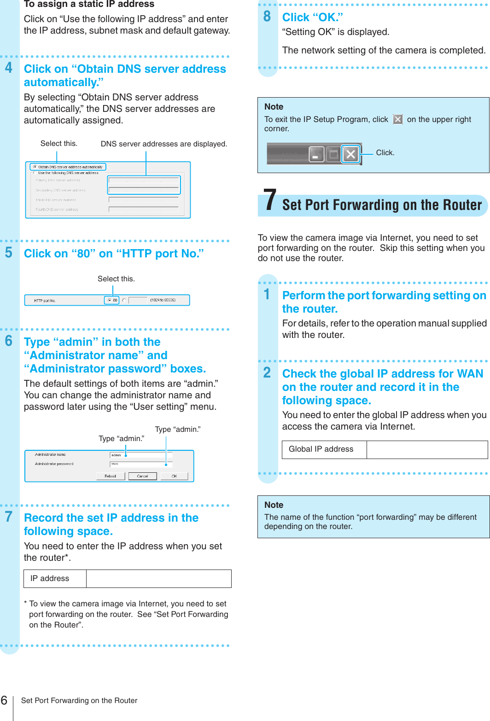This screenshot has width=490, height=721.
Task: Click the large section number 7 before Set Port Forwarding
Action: [270, 201]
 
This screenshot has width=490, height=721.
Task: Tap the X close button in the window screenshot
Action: [350, 154]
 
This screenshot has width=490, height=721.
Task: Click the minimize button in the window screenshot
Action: [316, 154]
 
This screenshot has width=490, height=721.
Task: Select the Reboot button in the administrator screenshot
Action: [111, 476]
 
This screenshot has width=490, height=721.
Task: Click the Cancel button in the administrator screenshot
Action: [142, 476]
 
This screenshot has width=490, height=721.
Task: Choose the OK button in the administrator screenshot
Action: [174, 476]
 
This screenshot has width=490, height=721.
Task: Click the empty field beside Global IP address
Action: [427, 449]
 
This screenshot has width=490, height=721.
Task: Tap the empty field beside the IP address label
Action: [158, 579]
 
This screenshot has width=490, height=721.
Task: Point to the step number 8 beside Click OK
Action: [267, 17]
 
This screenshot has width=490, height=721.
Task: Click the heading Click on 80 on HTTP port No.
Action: [114, 254]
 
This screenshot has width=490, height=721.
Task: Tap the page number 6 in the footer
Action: [4, 700]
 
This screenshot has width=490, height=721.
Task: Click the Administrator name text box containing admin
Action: [140, 455]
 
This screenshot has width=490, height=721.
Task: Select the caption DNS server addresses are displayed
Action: [163, 144]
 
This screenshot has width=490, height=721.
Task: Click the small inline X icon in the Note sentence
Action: [398, 119]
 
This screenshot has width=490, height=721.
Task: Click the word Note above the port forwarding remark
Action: [274, 505]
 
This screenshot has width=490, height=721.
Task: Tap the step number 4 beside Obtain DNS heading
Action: [9, 68]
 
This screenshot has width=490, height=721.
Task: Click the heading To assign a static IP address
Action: [89, 5]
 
